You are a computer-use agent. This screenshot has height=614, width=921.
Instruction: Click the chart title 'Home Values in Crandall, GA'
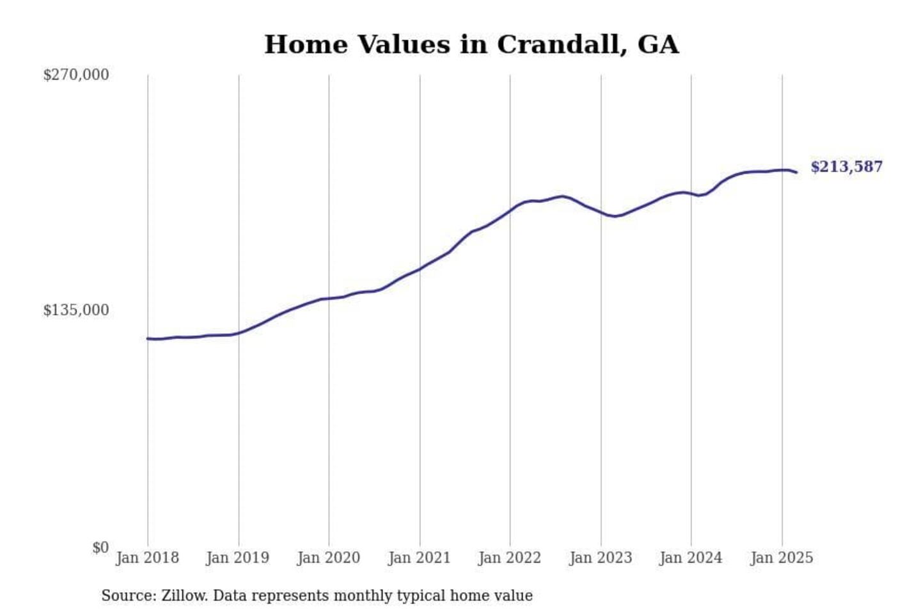point(471,45)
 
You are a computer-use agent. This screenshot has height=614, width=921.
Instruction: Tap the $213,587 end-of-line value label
point(846,167)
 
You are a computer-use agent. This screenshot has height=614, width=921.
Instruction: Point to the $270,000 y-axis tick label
point(76,75)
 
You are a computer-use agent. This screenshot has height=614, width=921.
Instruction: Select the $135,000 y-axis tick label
point(76,310)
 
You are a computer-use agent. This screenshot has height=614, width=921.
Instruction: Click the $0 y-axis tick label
point(100,547)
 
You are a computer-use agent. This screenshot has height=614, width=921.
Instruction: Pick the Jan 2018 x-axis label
point(147,558)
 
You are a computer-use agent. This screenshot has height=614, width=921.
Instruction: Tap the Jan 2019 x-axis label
point(238,558)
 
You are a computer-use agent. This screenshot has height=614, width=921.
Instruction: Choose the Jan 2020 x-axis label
point(329,558)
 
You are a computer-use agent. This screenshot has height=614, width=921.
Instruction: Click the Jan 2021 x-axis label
point(420,558)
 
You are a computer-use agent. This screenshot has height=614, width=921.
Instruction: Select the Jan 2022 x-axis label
point(510,558)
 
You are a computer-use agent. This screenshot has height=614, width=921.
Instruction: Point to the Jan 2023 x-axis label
point(601,558)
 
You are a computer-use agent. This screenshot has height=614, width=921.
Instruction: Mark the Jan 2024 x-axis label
point(691,558)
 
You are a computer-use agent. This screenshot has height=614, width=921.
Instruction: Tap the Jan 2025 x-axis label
point(782,558)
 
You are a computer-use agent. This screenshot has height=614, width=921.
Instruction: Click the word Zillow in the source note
point(184,595)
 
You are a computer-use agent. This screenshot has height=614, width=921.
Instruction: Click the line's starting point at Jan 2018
point(148,338)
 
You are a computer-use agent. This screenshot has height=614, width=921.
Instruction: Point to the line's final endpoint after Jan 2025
point(796,172)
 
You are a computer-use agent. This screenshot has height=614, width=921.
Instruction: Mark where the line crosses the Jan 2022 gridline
point(510,210)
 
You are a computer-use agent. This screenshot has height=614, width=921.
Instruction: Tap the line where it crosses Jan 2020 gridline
point(329,298)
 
